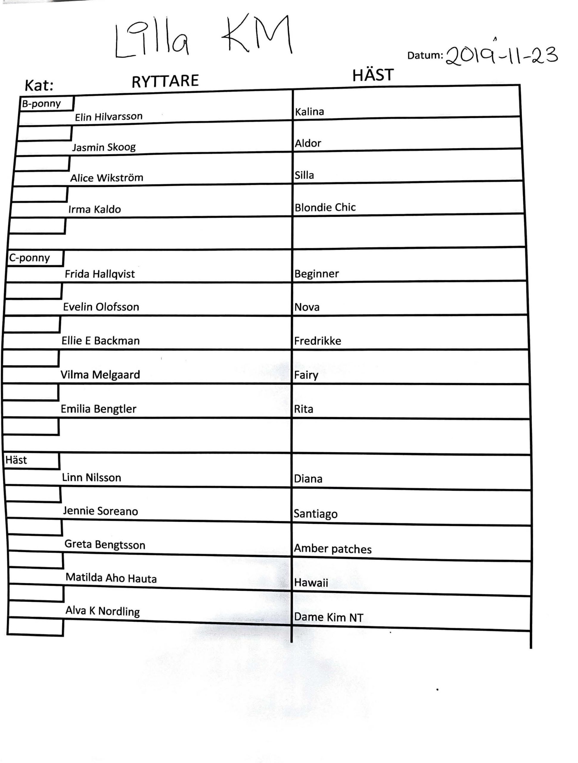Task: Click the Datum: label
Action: pos(425,55)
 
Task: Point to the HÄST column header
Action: pos(373,75)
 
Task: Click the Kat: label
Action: pos(39,86)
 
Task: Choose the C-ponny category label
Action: pos(30,258)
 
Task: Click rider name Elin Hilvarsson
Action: pos(109,117)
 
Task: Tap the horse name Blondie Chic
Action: pos(325,207)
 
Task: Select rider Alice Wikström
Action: pos(107,178)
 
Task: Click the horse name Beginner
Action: pos(316,274)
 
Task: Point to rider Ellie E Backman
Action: pos(100,341)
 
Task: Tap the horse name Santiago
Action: pos(315,514)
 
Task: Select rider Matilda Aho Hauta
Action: pos(111,578)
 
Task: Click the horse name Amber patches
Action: pos(332,549)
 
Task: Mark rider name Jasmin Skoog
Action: pos(103,147)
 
